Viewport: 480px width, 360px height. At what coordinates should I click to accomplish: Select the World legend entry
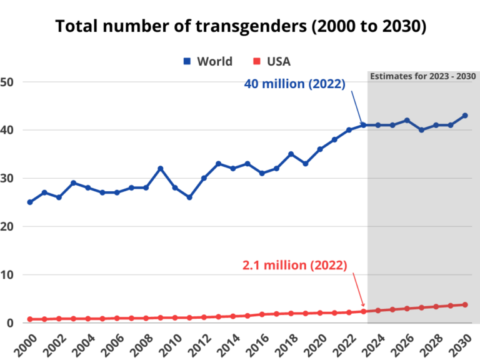(207, 61)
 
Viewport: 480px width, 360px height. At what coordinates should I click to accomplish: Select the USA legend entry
(272, 61)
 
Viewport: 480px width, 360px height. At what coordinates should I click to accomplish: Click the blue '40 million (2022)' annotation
(294, 84)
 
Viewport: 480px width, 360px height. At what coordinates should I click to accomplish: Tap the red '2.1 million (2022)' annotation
(294, 265)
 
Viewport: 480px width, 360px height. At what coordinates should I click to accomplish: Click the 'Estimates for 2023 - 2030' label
(423, 76)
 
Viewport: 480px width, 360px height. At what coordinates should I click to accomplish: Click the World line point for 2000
(30, 202)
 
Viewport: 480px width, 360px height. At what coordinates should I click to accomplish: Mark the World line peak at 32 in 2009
(161, 169)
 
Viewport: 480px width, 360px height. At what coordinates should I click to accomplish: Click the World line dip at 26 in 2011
(189, 197)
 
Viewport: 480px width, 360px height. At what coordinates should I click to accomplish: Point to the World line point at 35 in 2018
(291, 154)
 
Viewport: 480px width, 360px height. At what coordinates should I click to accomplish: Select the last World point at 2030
(465, 116)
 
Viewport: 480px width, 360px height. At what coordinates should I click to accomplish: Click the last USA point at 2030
(465, 304)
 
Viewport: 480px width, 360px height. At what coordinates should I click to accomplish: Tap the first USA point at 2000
(30, 319)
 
